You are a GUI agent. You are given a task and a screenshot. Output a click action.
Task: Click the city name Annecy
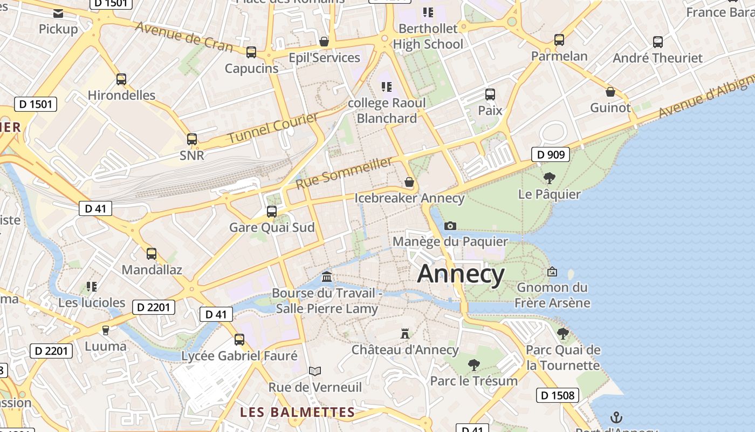461,274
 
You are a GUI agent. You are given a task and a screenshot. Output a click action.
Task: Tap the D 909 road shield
551,155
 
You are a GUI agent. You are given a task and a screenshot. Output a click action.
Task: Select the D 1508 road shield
557,395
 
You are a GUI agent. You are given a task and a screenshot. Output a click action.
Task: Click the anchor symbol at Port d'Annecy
616,417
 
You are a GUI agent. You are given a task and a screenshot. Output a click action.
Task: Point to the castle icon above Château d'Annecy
405,334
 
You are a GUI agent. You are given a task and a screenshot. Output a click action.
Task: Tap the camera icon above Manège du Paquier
450,226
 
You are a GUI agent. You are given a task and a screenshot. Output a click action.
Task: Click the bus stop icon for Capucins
251,52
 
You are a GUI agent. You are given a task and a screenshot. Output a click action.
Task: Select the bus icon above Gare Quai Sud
272,211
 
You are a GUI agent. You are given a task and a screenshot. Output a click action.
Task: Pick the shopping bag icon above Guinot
610,92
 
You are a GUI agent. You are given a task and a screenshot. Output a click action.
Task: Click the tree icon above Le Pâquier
549,178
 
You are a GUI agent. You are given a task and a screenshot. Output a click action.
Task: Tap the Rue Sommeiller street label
344,173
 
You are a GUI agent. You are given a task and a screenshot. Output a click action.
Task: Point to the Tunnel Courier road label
273,129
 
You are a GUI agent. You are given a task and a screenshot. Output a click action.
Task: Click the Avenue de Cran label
184,37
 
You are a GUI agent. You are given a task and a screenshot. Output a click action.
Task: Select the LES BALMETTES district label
298,413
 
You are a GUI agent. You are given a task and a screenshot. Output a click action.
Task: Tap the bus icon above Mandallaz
152,253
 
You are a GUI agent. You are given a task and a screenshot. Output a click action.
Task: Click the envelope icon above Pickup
58,13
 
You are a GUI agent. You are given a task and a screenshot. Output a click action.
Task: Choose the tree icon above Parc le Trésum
473,365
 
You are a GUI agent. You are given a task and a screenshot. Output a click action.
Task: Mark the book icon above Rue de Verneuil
315,372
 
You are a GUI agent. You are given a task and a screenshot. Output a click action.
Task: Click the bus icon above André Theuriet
657,42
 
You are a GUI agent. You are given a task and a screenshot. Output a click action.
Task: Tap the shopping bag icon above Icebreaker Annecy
409,183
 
